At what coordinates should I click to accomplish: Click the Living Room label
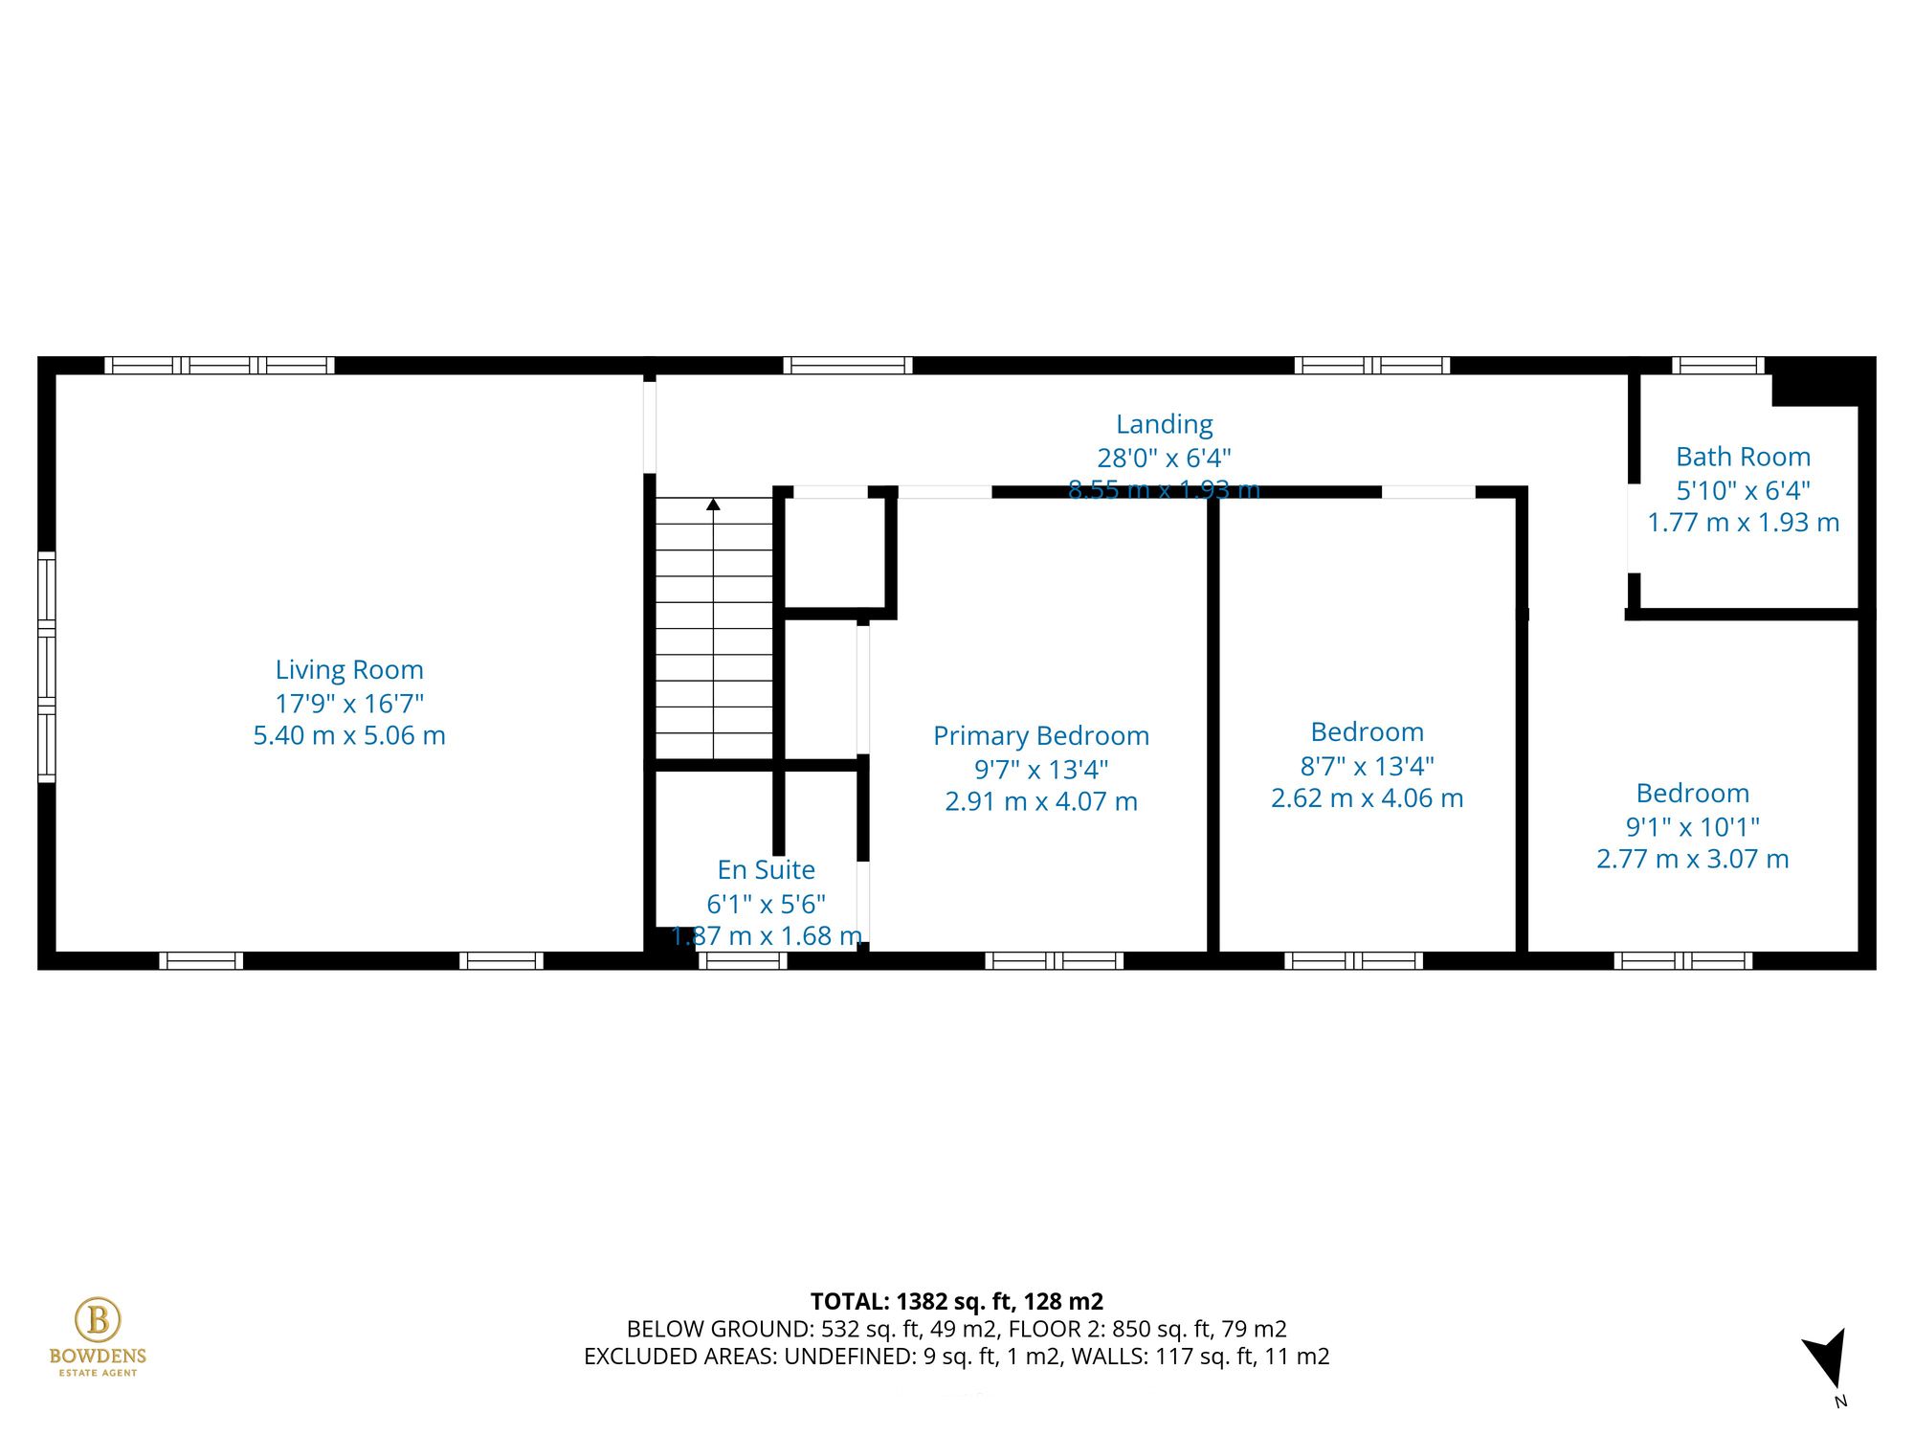pyautogui.click(x=349, y=670)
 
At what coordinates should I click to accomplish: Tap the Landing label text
pyautogui.click(x=1164, y=424)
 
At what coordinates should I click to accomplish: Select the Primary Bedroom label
pyautogui.click(x=1040, y=736)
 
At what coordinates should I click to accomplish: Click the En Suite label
pyautogui.click(x=766, y=870)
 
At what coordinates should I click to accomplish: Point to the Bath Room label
pyautogui.click(x=1743, y=457)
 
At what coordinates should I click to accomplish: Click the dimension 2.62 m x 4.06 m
pyautogui.click(x=1367, y=798)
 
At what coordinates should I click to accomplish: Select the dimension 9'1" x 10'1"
pyautogui.click(x=1692, y=826)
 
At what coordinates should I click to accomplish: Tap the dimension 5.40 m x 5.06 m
pyautogui.click(x=349, y=736)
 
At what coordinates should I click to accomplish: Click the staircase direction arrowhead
pyautogui.click(x=713, y=504)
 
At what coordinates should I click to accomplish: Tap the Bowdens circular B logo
pyautogui.click(x=98, y=1320)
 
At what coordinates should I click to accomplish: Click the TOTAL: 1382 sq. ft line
pyautogui.click(x=956, y=1302)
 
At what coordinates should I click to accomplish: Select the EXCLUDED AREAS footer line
pyautogui.click(x=956, y=1357)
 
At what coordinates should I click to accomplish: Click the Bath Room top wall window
pyautogui.click(x=1718, y=365)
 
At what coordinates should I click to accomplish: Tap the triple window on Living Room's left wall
pyautogui.click(x=46, y=666)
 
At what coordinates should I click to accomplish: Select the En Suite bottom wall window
pyautogui.click(x=743, y=960)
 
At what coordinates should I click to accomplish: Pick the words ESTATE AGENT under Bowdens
pyautogui.click(x=98, y=1373)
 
